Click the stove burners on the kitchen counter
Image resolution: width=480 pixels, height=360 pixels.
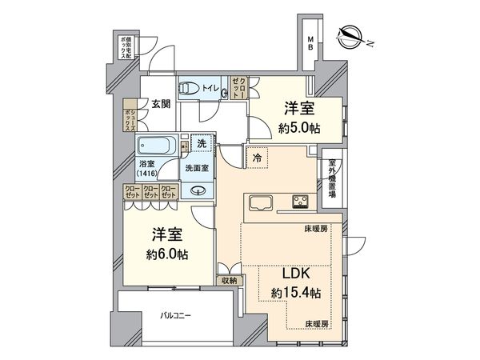303,200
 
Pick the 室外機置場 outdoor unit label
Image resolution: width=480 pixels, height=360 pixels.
331,179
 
